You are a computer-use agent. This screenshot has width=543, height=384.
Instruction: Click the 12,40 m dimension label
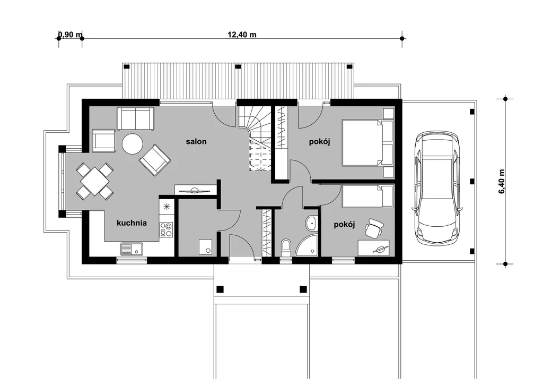(x=242, y=35)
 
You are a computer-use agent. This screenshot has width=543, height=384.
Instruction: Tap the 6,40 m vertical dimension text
(x=502, y=181)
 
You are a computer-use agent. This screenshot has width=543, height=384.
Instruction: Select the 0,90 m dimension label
(x=71, y=35)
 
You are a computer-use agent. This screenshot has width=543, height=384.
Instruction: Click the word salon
(x=196, y=141)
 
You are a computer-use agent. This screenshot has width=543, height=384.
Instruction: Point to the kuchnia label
(x=132, y=223)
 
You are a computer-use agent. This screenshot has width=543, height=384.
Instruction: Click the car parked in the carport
(x=437, y=189)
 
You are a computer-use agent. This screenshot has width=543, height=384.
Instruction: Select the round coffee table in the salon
(x=132, y=144)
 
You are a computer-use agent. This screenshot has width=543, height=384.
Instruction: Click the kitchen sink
(x=132, y=249)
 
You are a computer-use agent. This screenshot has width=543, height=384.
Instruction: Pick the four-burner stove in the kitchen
(x=166, y=229)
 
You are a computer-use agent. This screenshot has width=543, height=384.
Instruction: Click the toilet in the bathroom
(x=286, y=247)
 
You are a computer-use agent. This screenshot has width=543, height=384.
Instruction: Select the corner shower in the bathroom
(x=306, y=245)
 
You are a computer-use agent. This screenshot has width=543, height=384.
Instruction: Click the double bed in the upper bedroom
(x=368, y=142)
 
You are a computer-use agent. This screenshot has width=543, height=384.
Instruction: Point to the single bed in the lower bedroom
(x=368, y=196)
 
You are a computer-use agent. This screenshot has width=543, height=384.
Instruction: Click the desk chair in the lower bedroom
(x=374, y=228)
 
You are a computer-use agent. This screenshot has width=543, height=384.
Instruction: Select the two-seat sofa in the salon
(x=135, y=118)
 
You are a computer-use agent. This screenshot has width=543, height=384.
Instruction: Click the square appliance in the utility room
(x=206, y=247)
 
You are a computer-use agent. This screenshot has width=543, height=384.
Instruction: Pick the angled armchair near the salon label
(x=155, y=160)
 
